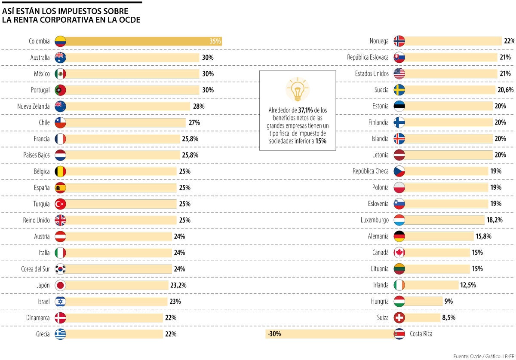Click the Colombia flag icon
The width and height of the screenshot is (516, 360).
61,41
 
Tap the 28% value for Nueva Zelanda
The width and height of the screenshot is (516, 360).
199,106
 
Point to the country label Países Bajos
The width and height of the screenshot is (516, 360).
37,155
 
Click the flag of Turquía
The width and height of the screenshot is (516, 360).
61,204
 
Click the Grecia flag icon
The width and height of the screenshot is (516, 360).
61,334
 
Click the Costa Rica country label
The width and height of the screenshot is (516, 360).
421,334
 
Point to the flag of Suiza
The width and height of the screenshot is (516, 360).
399,318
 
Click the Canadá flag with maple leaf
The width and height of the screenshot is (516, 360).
399,253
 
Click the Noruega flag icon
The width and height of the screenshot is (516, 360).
399,41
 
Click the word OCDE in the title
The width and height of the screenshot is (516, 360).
128,20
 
